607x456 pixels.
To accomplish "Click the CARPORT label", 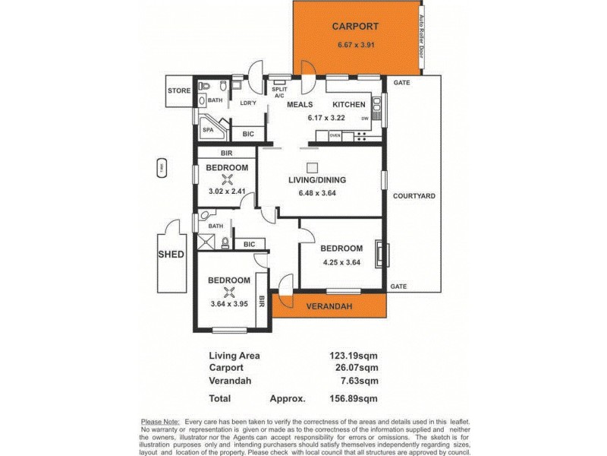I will (355, 27).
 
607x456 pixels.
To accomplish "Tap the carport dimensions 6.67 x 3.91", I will (355, 44).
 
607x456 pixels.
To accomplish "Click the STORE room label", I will (179, 91).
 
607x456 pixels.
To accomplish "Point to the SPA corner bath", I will (208, 130).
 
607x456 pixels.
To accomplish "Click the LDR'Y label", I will (247, 103).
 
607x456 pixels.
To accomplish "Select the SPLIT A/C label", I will (278, 90).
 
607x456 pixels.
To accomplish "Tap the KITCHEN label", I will (349, 104).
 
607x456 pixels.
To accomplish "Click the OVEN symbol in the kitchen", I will (335, 136).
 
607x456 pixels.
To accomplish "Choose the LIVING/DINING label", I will (317, 180).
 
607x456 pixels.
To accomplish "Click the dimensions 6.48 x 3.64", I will (317, 193).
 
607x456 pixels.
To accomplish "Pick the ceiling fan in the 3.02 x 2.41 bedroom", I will (226, 180).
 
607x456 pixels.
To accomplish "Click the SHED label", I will (171, 254).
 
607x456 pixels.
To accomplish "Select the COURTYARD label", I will (414, 195).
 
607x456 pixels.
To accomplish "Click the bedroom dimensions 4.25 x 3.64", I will (341, 263).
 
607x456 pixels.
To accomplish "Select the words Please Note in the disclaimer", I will (160, 421).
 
